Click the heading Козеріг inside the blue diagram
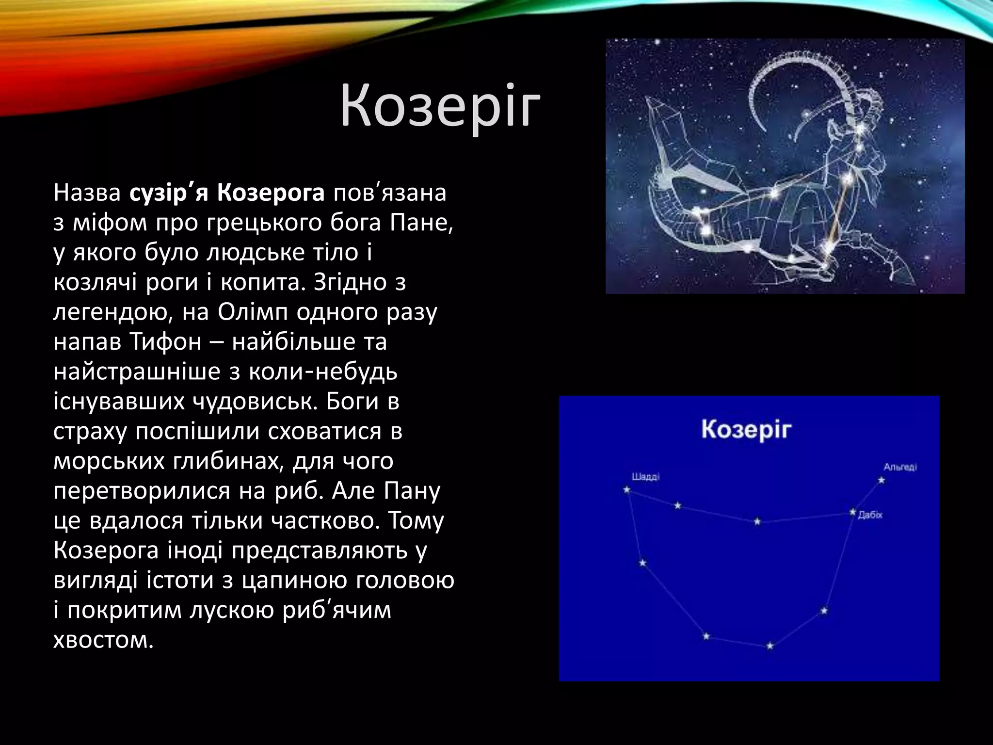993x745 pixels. tap(746, 430)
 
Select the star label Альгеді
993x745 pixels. tap(900, 467)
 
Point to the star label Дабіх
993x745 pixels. tap(870, 515)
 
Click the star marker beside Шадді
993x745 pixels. tap(626, 490)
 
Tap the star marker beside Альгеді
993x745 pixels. tap(881, 480)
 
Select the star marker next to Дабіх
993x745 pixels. tap(853, 512)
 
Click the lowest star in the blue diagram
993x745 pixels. tap(770, 646)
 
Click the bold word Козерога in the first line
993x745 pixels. tap(271, 193)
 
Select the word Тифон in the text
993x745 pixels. tap(165, 342)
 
